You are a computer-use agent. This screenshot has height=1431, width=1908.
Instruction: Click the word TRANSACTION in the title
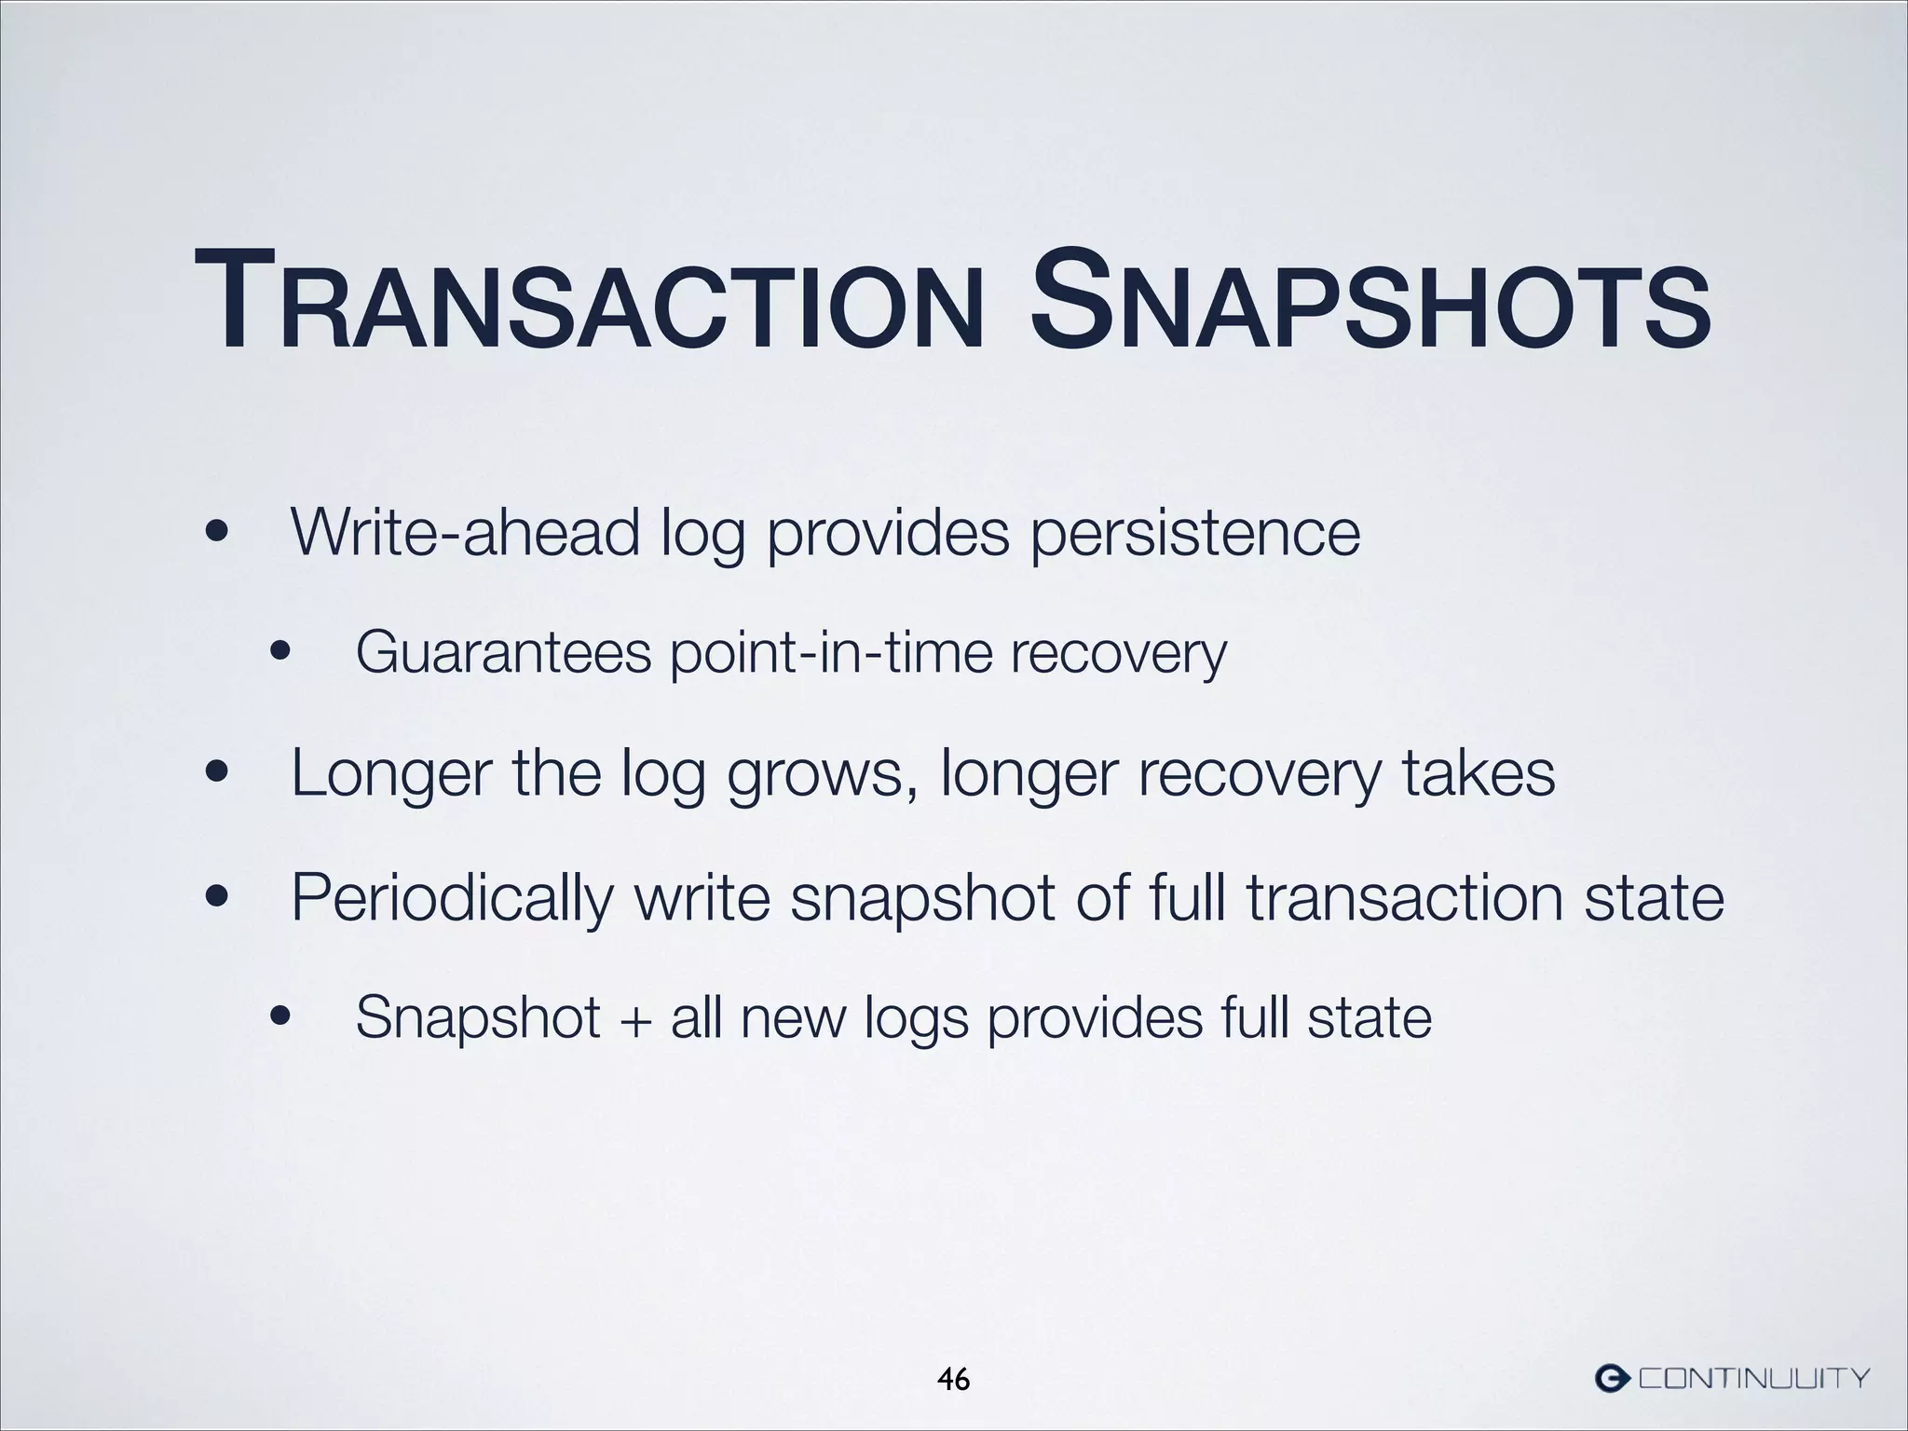(x=589, y=301)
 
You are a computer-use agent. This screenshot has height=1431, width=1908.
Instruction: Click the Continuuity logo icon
(x=1612, y=1376)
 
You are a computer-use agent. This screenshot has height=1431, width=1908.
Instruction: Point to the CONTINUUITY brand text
(x=1753, y=1377)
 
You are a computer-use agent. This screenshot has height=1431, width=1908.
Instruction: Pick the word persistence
(x=1195, y=534)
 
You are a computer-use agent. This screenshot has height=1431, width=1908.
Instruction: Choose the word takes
(x=1479, y=773)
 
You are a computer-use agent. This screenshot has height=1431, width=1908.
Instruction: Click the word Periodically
(x=452, y=898)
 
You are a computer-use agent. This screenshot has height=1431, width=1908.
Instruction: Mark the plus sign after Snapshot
(x=634, y=1017)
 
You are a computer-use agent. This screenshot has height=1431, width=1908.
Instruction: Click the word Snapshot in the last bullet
(x=478, y=1017)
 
